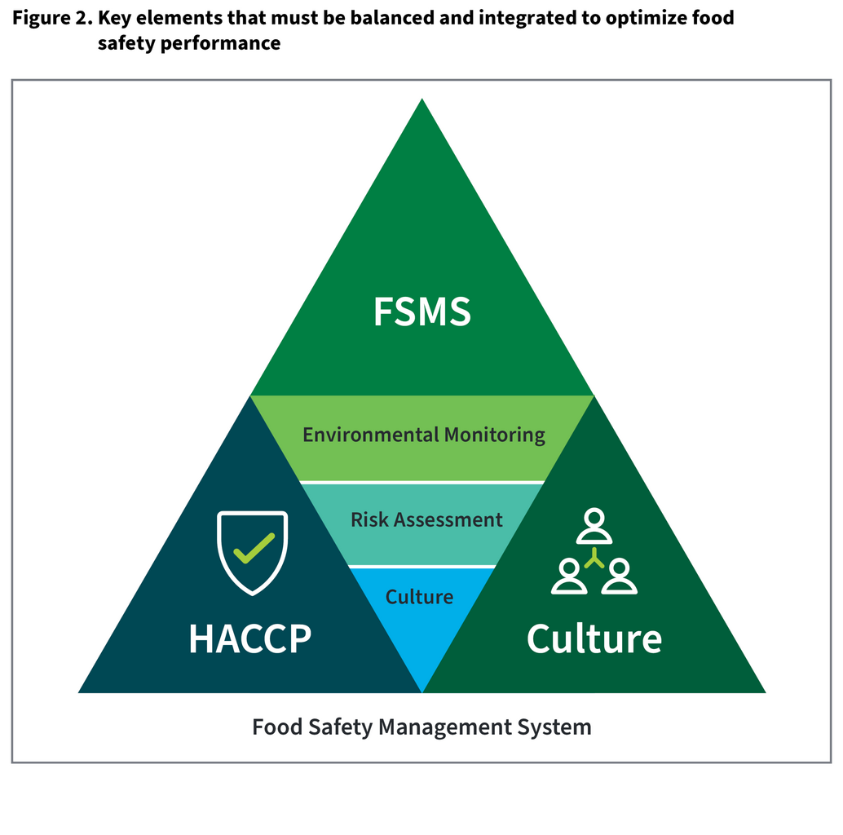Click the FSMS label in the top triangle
[x=421, y=311]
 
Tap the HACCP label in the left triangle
[x=249, y=638]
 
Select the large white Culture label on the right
[x=594, y=638]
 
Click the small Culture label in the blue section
[x=419, y=597]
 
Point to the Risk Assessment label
[x=426, y=519]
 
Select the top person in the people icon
[x=594, y=526]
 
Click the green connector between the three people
[x=594, y=559]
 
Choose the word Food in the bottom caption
[x=272, y=727]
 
